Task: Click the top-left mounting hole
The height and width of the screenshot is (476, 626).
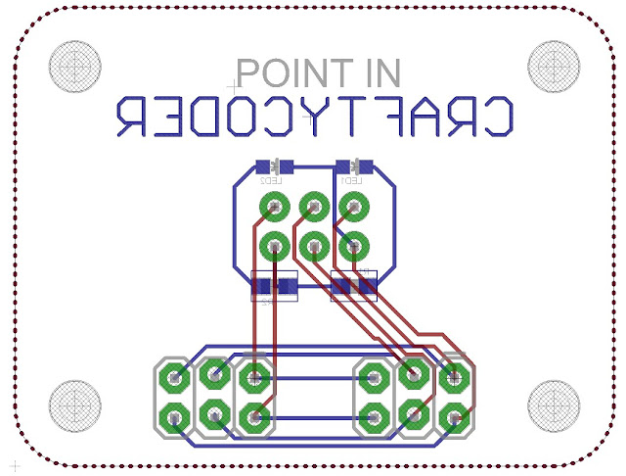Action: pos(75,66)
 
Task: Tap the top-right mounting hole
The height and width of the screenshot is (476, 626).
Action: pos(554,66)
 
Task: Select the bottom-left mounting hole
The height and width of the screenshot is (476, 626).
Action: pos(75,404)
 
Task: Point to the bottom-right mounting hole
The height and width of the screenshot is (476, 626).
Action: pos(554,404)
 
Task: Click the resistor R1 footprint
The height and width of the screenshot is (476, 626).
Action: pos(354,286)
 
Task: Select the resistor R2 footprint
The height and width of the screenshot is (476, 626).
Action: pos(274,286)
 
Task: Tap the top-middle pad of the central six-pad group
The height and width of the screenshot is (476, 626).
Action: pos(314,207)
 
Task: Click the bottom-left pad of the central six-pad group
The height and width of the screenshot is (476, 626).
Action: pos(274,244)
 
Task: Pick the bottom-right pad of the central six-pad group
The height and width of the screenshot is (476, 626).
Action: pos(354,244)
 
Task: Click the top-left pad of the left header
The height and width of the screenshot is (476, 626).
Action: pos(174,376)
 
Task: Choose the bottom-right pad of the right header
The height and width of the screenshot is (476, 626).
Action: pos(453,418)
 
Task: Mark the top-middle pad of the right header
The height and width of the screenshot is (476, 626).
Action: pos(413,372)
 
